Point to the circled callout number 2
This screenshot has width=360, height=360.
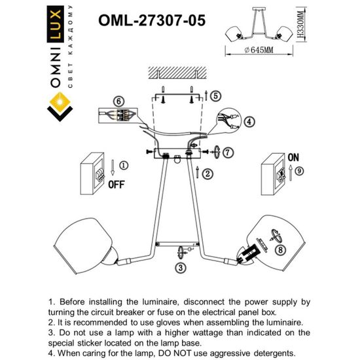207,173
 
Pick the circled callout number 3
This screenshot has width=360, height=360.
179,267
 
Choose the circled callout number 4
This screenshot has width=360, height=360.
249,122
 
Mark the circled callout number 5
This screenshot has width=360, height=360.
215,96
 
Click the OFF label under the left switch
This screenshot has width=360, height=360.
115,184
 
